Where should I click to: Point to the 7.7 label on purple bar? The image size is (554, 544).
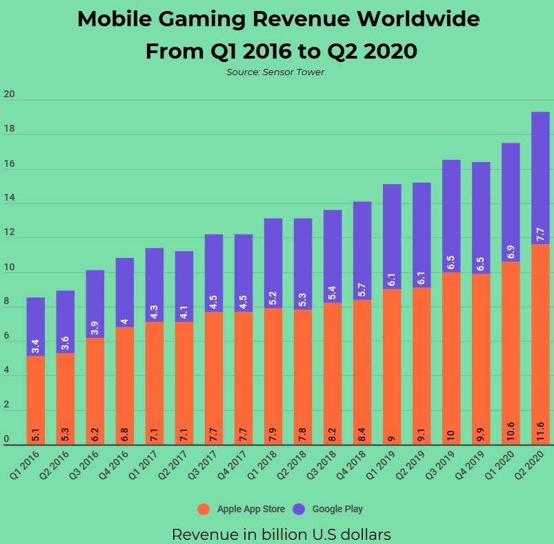pos(541,234)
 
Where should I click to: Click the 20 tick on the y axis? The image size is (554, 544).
pos(8,94)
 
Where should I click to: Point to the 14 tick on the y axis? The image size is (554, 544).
pos(8,198)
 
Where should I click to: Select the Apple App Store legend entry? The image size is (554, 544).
pos(241,509)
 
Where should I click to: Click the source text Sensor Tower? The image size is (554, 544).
pos(275,72)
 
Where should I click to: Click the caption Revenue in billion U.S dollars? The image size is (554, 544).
pos(281,534)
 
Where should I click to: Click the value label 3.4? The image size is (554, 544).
pos(36,343)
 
